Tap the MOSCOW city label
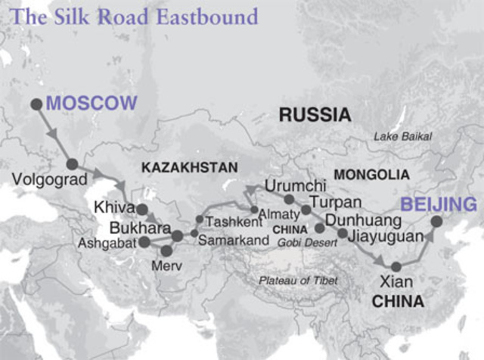[x=92, y=104]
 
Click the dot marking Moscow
[x=35, y=104]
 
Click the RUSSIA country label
[x=315, y=115]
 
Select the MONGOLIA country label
[x=371, y=175]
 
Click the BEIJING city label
[x=439, y=204]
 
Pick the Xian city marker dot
[x=394, y=265]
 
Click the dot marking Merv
[x=166, y=250]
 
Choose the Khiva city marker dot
[x=141, y=209]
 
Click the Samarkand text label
[x=234, y=240]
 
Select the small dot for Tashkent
[x=199, y=219]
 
